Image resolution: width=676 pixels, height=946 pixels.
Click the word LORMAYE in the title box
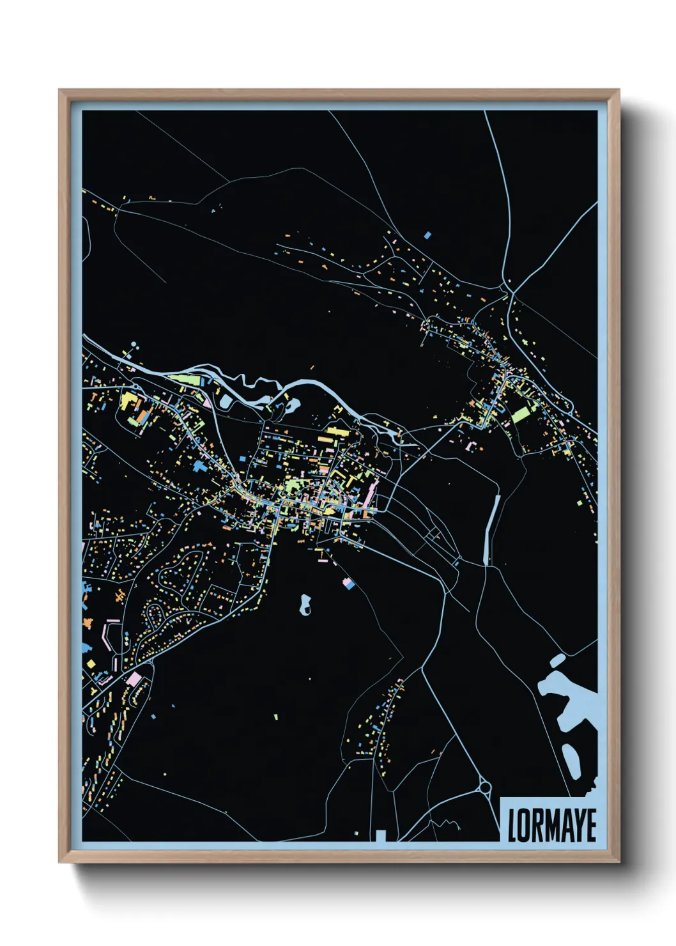pyautogui.click(x=551, y=825)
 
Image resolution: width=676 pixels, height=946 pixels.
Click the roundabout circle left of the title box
pyautogui.click(x=484, y=786)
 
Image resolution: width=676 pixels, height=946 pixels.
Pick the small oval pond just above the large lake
pyautogui.click(x=557, y=660)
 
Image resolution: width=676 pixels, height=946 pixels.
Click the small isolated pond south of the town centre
pyautogui.click(x=305, y=604)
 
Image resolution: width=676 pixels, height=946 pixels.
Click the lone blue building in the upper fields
pyautogui.click(x=427, y=235)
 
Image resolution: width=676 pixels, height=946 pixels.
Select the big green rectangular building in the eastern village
pyautogui.click(x=521, y=414)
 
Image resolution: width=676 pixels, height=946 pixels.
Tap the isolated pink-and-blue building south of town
pyautogui.click(x=348, y=582)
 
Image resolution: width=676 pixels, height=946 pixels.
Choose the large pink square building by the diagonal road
pyautogui.click(x=134, y=678)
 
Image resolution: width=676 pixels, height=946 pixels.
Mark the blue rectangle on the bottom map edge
pyautogui.click(x=381, y=835)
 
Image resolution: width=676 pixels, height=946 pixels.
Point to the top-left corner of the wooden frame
pyautogui.click(x=59, y=90)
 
